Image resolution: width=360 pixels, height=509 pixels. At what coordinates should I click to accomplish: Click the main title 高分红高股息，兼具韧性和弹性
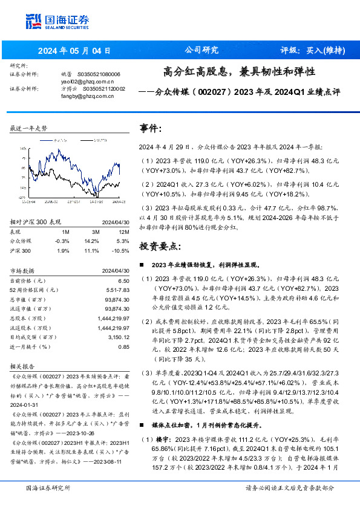coord(239,71)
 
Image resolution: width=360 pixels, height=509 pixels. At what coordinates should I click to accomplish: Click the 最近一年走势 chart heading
coord(28,129)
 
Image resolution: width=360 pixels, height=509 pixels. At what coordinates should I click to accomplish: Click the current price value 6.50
coord(123,280)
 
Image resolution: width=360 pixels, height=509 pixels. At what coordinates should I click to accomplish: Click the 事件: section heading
coord(151,128)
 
